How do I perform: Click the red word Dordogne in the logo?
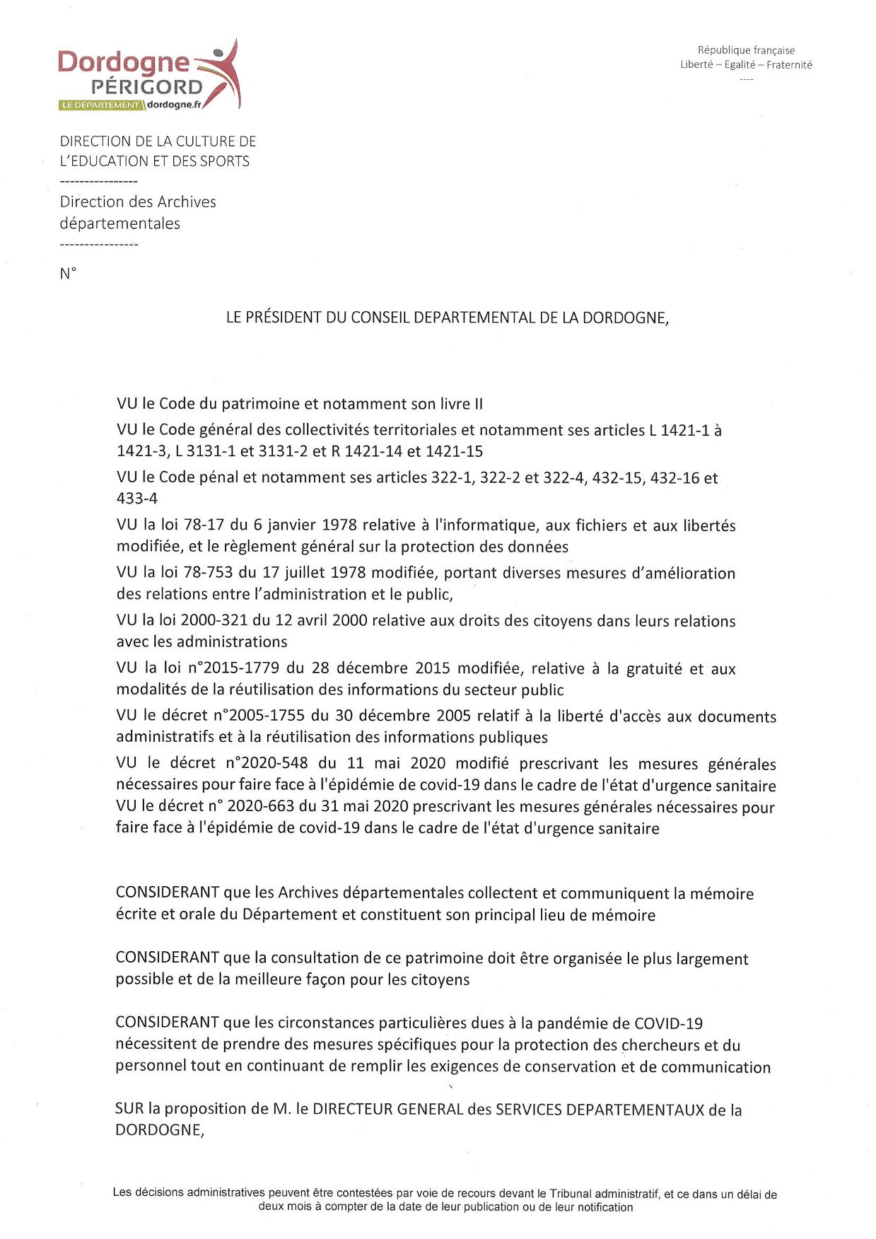click(123, 63)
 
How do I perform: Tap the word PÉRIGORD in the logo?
click(146, 87)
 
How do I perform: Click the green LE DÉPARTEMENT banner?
click(100, 105)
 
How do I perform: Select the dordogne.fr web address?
click(174, 105)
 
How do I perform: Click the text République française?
click(746, 50)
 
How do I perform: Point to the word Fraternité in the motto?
click(789, 65)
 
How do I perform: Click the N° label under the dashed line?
click(68, 274)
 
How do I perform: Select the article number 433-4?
click(137, 499)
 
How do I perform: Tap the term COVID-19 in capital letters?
click(668, 1023)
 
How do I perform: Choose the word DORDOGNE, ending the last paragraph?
click(160, 1130)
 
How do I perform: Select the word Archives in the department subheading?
click(187, 202)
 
